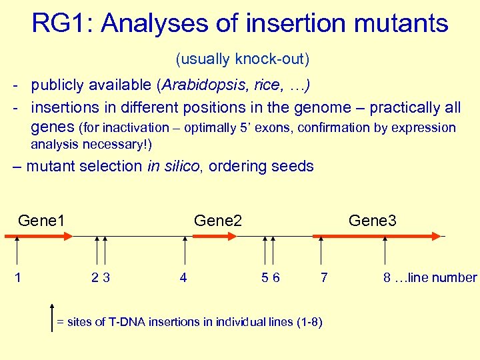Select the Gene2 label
[x=217, y=220]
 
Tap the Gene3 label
[x=372, y=220]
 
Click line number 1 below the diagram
[x=17, y=277]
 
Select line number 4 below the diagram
[x=183, y=277]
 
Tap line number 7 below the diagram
[x=324, y=277]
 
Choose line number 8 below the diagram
[x=387, y=277]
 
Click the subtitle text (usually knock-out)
[x=242, y=59]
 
